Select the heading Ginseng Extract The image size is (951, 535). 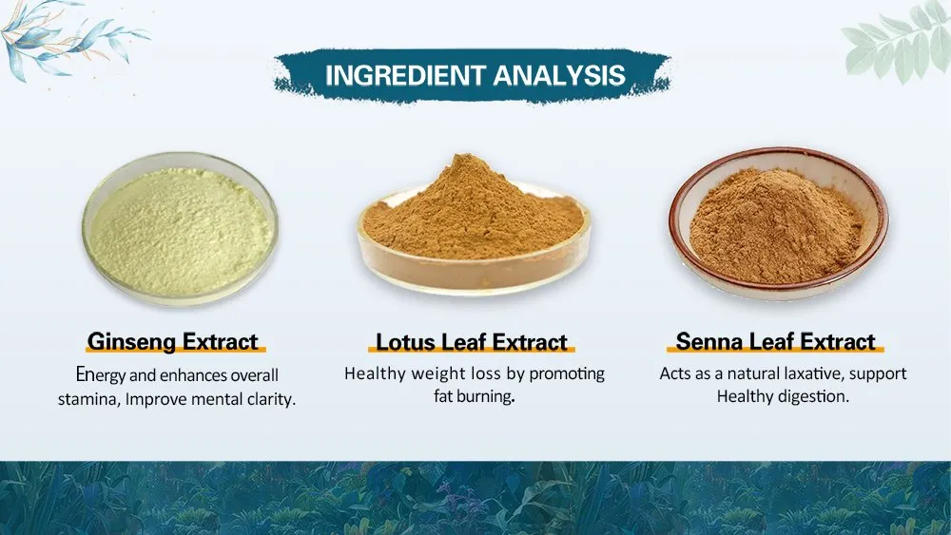click(173, 341)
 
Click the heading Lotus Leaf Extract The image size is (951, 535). click(472, 342)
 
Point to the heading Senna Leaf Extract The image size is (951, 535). click(775, 341)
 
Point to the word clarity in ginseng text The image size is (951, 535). click(269, 399)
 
